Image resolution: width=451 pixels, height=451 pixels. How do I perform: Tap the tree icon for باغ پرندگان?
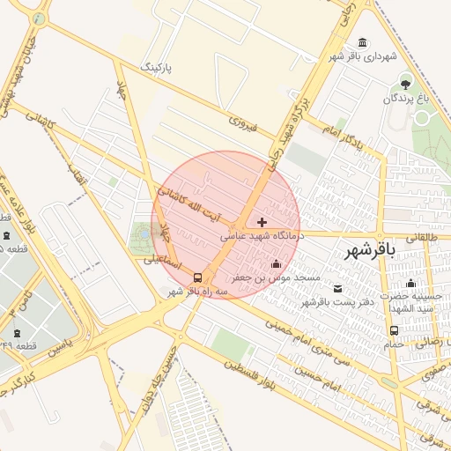pos(405,85)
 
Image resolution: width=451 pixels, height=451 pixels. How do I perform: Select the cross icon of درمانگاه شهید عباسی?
pos(262,222)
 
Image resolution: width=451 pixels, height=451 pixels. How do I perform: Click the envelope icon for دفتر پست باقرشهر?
pos(338,288)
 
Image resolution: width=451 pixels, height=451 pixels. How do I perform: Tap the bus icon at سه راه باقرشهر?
pos(196,277)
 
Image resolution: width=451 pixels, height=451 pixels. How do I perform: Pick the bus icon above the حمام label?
pos(394,330)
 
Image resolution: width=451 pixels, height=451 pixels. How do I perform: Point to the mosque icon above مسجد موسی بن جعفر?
pos(276,263)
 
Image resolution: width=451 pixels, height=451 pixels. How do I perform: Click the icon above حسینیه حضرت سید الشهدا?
pos(410,284)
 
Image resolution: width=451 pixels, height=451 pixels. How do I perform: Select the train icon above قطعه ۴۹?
pos(17,332)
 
